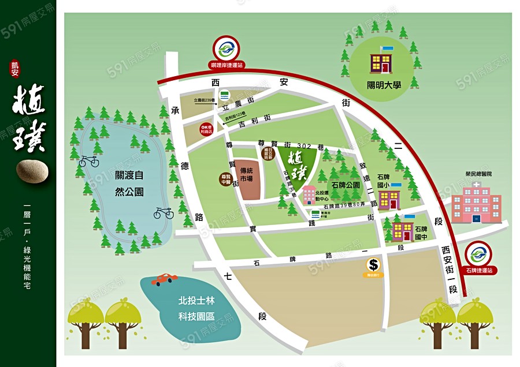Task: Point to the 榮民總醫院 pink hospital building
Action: pos(476,203)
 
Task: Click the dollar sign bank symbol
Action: pos(374,265)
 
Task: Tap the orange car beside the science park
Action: pos(165,280)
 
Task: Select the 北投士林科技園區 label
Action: pos(196,309)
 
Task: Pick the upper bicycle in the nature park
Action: pos(88,161)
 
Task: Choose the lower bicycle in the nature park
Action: pos(164,213)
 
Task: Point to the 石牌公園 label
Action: pos(344,185)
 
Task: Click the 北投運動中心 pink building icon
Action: pos(309,196)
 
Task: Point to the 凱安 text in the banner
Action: pos(14,69)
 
